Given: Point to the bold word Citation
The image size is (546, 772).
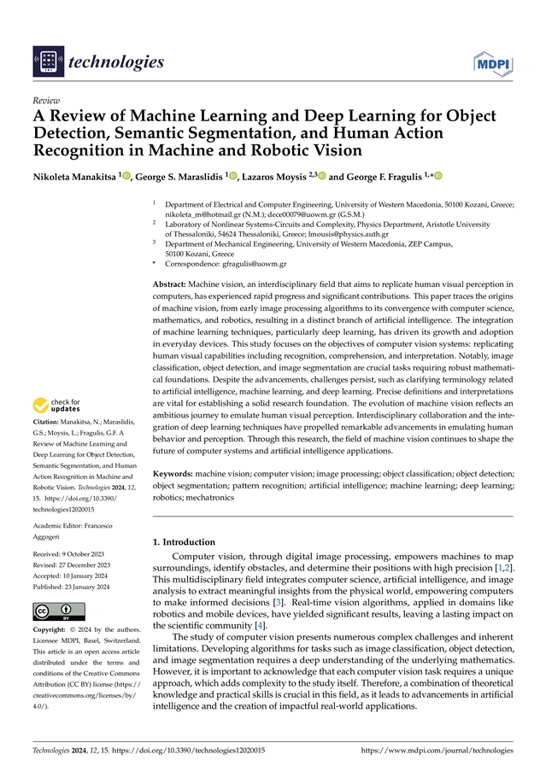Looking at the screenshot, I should click(48, 422).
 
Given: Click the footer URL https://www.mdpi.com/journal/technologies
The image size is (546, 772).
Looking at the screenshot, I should click(437, 750).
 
